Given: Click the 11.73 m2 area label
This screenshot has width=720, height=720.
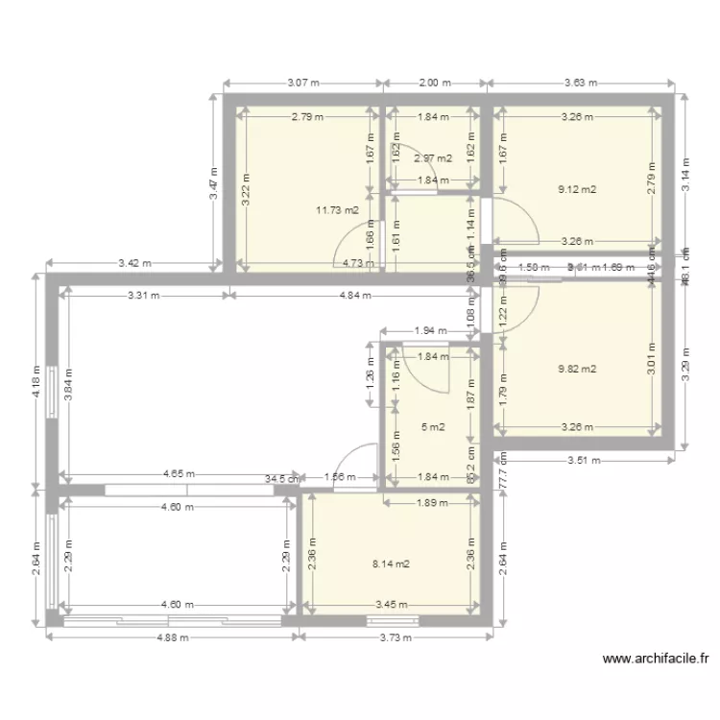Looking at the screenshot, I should click(x=337, y=210).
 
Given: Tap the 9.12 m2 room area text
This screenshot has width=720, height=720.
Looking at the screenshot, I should click(x=577, y=190).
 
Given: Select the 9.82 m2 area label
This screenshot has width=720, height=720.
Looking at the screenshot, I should click(x=577, y=369).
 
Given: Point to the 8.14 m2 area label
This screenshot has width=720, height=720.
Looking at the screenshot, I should click(x=391, y=564).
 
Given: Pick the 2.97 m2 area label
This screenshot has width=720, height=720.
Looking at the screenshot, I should click(x=433, y=158).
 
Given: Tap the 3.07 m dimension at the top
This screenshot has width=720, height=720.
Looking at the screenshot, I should click(x=303, y=84).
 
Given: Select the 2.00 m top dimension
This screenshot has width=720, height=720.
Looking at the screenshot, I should click(x=434, y=84).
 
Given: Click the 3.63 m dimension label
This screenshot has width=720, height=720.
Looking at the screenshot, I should click(x=581, y=84).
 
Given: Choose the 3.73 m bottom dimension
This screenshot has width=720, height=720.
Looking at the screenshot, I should click(x=396, y=636).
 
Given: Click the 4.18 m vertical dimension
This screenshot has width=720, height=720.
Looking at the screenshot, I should click(x=36, y=381).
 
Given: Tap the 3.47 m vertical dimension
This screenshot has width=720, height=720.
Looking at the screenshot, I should click(x=214, y=183).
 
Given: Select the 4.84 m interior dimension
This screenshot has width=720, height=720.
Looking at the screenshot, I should click(x=354, y=296).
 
